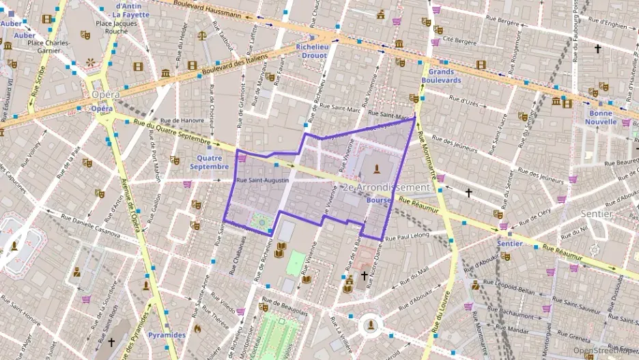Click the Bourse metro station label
coord(378,201)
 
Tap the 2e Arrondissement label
coord(386,187)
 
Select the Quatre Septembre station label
coord(210,161)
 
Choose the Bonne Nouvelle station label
coord(600,117)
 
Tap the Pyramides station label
coord(166,335)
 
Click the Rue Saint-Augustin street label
coord(262,180)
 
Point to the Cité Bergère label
coord(458,39)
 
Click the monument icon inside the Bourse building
coord(375,168)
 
